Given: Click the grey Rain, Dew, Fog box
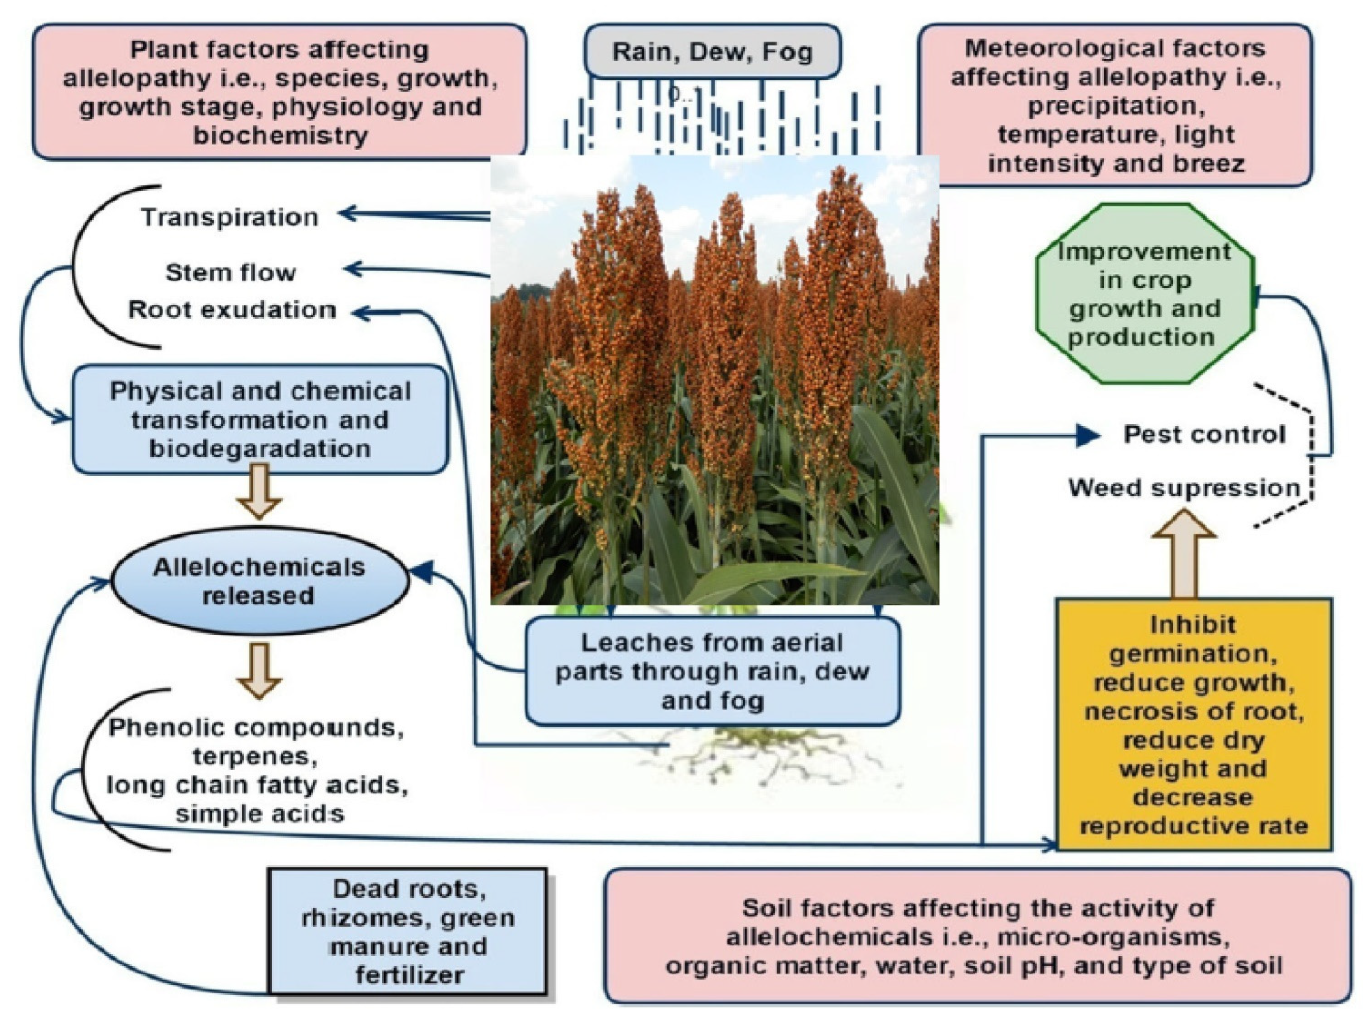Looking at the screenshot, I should point(712,52).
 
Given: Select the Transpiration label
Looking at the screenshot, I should point(229,217).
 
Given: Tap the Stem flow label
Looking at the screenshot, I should point(230,272).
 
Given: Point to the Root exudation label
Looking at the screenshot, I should point(232,310).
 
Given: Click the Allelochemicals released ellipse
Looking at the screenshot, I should point(259,580).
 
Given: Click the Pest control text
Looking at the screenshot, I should point(1204,435).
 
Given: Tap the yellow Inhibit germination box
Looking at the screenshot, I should point(1193,724).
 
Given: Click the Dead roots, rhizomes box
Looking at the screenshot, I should point(408,931).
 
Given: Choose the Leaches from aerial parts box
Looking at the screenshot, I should point(712,671).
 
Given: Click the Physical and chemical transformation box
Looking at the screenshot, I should point(260,420).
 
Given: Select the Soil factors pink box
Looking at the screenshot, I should point(977,936).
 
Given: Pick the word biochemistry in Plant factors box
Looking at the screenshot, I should point(280,135).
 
